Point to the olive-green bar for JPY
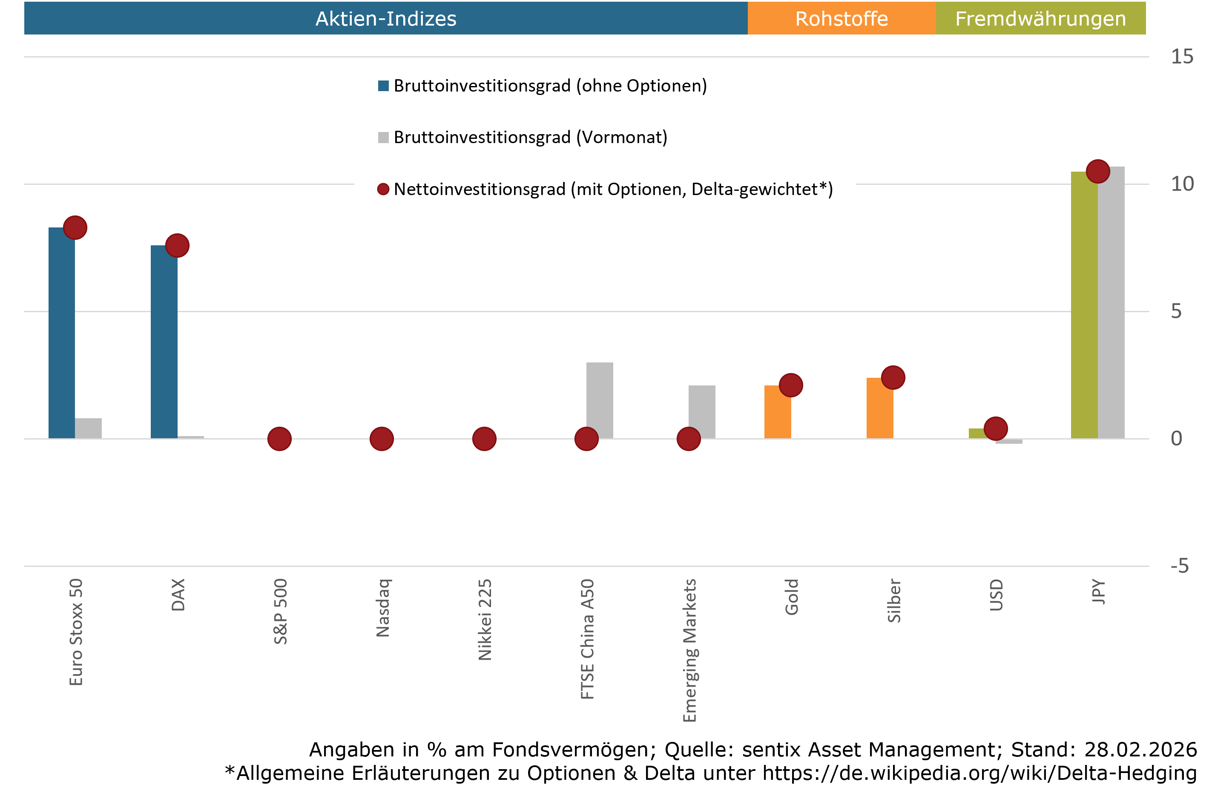[1084, 305]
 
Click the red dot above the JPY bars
[1098, 171]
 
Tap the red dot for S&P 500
[279, 439]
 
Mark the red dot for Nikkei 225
[484, 439]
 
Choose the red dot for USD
[996, 428]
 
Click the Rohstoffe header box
[841, 18]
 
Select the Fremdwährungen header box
[1040, 18]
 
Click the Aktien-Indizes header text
[385, 18]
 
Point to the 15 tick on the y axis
[1181, 57]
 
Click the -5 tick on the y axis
[1179, 566]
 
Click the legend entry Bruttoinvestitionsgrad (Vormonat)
[530, 137]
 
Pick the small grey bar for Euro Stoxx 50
[88, 428]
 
